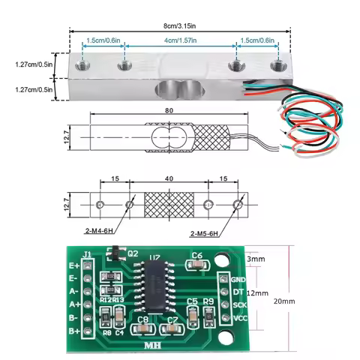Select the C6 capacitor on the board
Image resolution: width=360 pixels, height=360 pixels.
pyautogui.click(x=197, y=263)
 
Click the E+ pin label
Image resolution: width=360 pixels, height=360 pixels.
pyautogui.click(x=74, y=265)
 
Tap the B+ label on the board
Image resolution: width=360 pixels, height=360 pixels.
pyautogui.click(x=74, y=331)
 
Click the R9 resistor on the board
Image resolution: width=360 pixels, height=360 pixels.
pyautogui.click(x=208, y=315)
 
